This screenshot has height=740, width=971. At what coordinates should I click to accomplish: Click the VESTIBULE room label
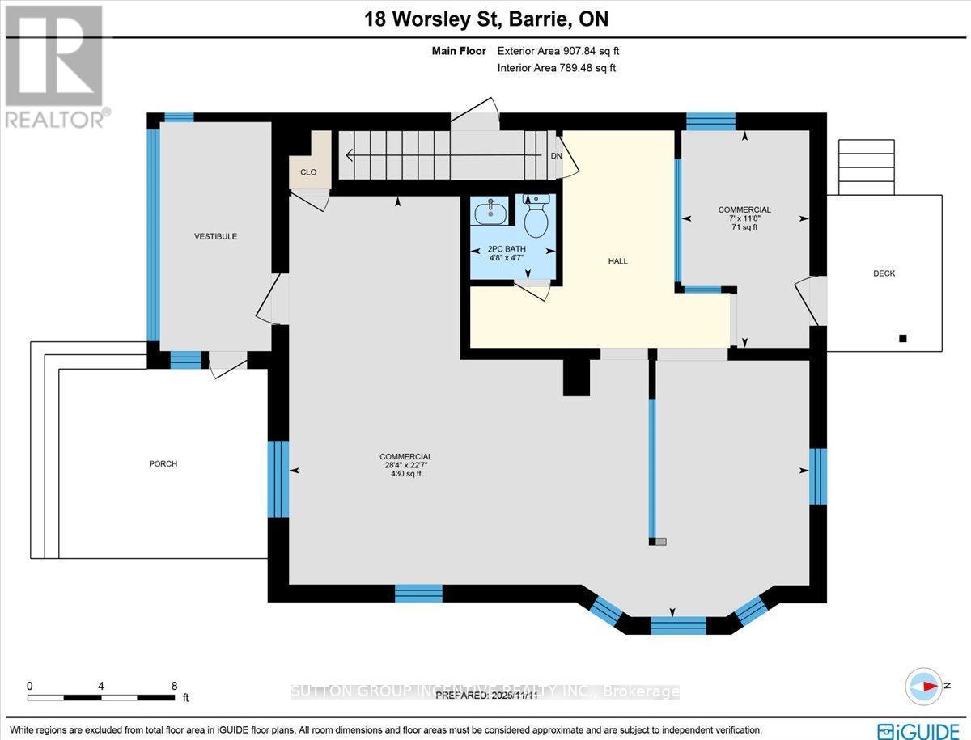click(x=215, y=236)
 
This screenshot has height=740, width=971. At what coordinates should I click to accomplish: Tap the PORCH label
click(x=163, y=463)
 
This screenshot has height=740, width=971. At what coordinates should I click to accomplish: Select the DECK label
click(x=884, y=273)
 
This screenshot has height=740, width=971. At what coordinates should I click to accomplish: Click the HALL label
click(x=618, y=261)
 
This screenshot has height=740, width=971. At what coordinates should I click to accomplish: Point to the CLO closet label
click(x=307, y=172)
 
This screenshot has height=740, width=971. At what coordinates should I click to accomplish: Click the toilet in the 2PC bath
click(x=536, y=214)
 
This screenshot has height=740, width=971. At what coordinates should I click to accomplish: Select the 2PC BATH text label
click(x=506, y=249)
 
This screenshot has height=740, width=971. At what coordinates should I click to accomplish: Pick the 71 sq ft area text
click(x=744, y=228)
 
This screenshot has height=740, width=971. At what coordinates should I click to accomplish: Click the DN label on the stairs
click(x=556, y=155)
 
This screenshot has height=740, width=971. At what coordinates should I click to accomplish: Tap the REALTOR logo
click(x=54, y=66)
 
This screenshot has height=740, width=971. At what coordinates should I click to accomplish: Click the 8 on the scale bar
click(x=175, y=685)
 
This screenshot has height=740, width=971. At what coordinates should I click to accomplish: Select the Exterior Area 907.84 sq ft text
click(x=558, y=51)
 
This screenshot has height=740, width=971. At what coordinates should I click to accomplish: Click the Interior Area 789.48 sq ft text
click(x=556, y=68)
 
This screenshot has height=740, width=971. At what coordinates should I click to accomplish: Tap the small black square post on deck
click(x=904, y=338)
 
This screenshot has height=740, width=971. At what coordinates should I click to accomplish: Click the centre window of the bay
click(x=678, y=624)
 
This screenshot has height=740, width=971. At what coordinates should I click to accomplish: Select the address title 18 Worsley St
click(x=485, y=19)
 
